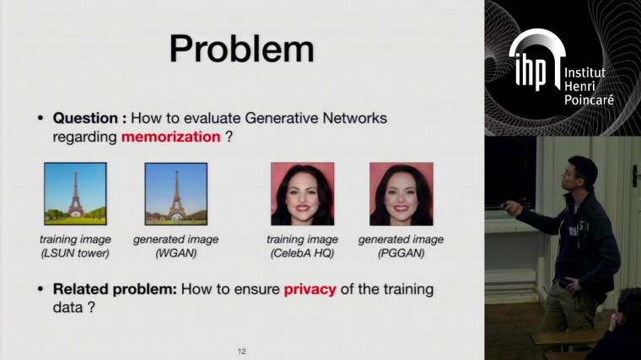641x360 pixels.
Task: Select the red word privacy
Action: [310, 289]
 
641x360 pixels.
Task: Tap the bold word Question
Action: [88, 119]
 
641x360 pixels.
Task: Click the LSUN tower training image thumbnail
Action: [75, 193]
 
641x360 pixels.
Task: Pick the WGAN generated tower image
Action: [175, 193]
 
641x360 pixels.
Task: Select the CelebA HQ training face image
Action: [302, 193]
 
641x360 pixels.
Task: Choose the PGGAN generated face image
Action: [401, 193]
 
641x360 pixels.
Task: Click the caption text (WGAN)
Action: [175, 253]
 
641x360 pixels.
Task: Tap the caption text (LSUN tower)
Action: [75, 253]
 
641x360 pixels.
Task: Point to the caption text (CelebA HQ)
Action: [301, 253]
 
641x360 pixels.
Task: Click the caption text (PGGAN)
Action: [401, 253]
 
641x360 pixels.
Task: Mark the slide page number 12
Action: [241, 350]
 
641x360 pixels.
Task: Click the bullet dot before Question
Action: [40, 119]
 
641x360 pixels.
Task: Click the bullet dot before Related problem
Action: [40, 289]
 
